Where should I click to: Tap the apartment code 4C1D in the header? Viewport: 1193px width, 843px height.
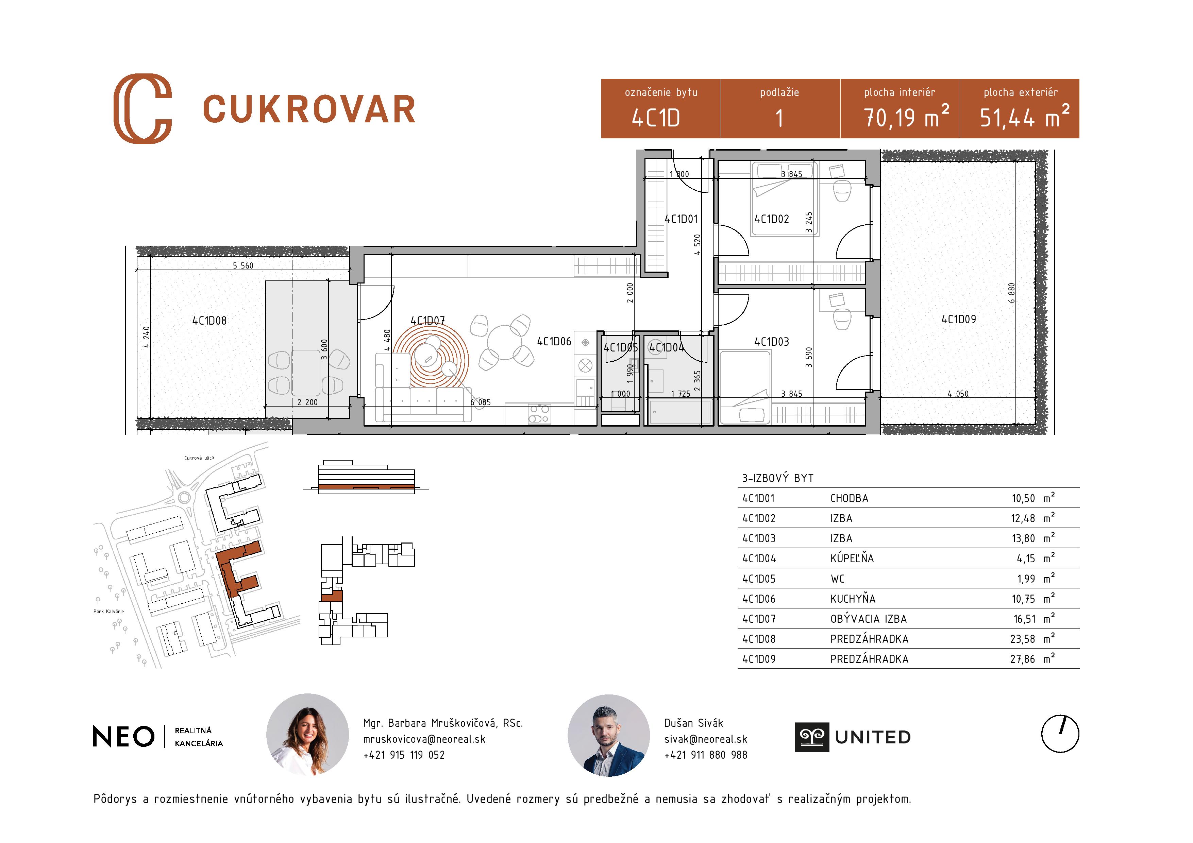(x=656, y=118)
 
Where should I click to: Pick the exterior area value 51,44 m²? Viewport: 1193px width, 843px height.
(x=1024, y=117)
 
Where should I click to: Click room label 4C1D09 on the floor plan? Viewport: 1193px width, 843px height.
(x=959, y=320)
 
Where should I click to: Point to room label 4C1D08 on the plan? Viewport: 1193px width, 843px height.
(x=209, y=321)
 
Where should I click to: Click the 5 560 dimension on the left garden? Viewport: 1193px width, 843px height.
(x=243, y=265)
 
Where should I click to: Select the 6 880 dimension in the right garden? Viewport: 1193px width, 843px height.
(x=1011, y=293)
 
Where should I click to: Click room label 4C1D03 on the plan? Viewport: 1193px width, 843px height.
(x=772, y=341)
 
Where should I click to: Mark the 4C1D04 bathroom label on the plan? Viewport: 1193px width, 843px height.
(x=666, y=347)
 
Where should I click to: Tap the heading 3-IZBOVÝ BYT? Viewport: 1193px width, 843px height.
(x=777, y=478)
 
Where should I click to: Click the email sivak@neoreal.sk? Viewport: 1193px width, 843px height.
(x=705, y=739)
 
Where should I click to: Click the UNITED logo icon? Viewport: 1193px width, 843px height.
(x=812, y=737)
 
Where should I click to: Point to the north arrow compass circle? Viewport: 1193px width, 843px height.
(x=1060, y=734)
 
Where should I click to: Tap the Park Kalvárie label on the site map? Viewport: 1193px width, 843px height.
(x=108, y=611)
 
